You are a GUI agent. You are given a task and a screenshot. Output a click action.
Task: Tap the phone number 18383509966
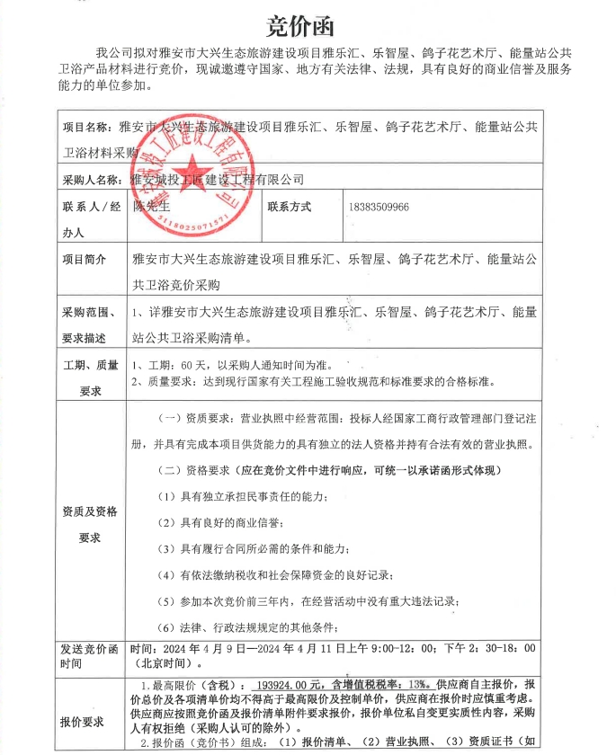click(378, 207)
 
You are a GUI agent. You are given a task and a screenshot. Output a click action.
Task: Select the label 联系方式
click(289, 207)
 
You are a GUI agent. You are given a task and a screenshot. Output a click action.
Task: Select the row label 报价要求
click(84, 720)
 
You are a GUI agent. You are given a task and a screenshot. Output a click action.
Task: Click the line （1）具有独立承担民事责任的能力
click(243, 497)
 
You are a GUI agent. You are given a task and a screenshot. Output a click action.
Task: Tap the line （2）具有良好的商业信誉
click(220, 523)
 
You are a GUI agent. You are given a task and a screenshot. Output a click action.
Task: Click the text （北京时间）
click(160, 662)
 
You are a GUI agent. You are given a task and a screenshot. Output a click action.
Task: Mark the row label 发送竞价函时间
click(90, 654)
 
